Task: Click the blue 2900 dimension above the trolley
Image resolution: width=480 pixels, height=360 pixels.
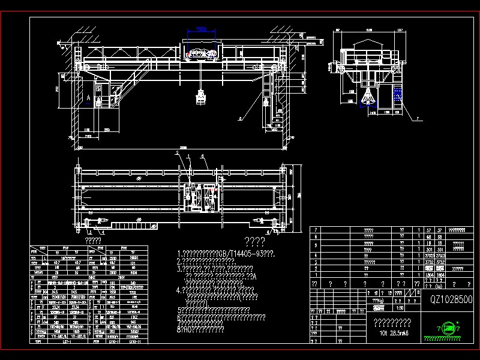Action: (202, 29)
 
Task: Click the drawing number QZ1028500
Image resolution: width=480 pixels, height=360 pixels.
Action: (451, 299)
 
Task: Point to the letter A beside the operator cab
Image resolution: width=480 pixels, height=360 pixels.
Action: (89, 96)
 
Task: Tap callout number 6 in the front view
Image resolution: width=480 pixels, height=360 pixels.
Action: (240, 119)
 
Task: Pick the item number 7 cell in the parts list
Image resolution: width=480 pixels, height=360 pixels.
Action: (316, 230)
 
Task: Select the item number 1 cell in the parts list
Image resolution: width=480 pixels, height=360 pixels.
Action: (316, 275)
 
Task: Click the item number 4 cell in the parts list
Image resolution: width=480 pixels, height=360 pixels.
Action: (316, 254)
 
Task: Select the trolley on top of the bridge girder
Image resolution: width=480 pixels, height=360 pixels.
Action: (202, 54)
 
